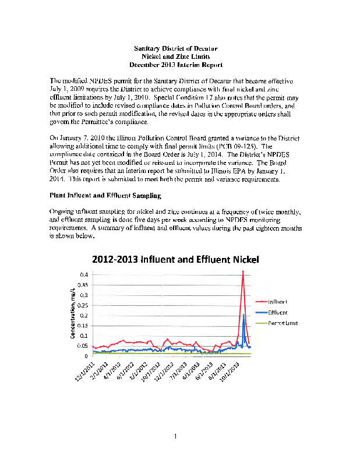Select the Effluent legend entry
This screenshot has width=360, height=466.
(x=278, y=312)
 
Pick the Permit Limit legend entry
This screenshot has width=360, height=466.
(x=283, y=323)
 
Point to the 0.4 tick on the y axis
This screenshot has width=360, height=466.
(x=84, y=274)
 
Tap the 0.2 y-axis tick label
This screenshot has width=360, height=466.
(x=84, y=315)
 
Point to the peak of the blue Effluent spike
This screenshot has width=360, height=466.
(x=243, y=315)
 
